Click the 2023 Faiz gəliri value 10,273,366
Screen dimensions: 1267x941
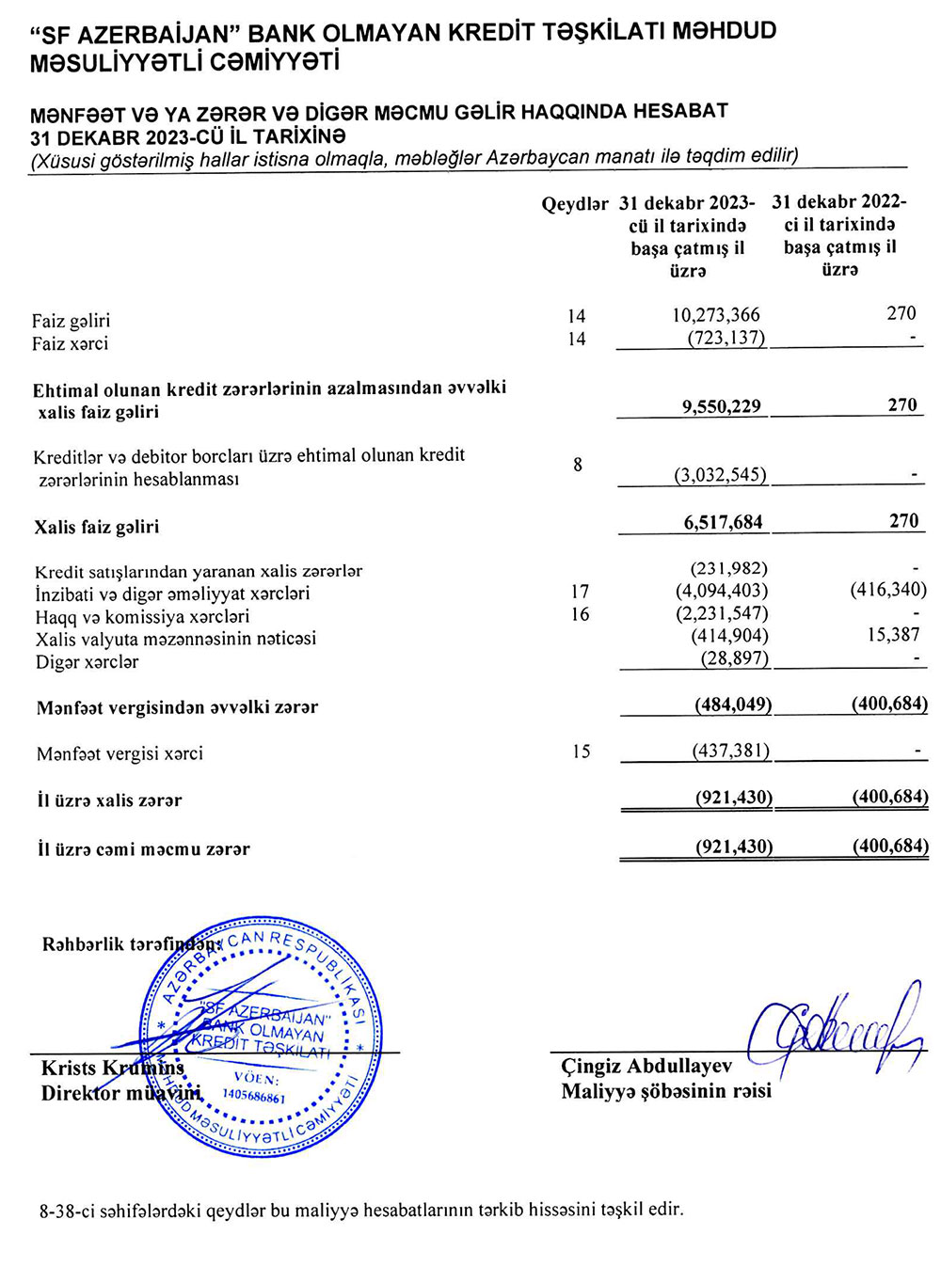pyautogui.click(x=715, y=315)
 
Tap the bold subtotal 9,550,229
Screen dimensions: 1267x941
pyautogui.click(x=722, y=406)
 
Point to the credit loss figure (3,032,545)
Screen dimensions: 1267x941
pyautogui.click(x=720, y=475)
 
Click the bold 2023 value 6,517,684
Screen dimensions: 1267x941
pyautogui.click(x=723, y=522)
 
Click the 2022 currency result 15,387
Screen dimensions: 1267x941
pyautogui.click(x=893, y=635)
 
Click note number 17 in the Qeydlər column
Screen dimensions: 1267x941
pyautogui.click(x=580, y=592)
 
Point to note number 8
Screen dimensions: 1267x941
pyautogui.click(x=578, y=465)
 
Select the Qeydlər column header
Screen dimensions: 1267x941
pyautogui.click(x=574, y=205)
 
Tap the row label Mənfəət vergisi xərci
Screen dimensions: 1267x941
pyautogui.click(x=120, y=753)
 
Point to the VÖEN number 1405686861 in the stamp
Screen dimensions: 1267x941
pyautogui.click(x=254, y=1097)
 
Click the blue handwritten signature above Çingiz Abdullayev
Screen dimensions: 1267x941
pyautogui.click(x=837, y=1030)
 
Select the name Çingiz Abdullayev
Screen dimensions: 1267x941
pyautogui.click(x=646, y=1067)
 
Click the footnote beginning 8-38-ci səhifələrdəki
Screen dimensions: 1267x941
pyautogui.click(x=361, y=1210)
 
